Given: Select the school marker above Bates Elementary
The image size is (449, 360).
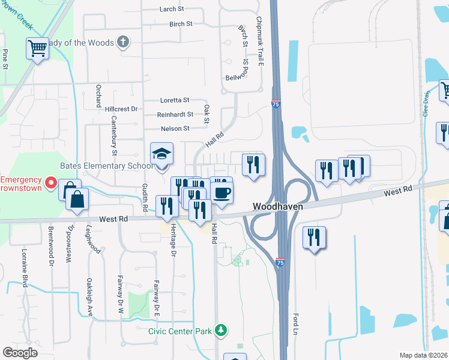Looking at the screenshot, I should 161,155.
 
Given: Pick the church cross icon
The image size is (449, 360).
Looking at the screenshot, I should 122,41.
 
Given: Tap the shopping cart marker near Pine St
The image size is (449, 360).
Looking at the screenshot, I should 37,48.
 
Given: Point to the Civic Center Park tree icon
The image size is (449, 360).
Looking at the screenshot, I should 221,330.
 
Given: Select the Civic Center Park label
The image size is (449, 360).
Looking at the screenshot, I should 181,331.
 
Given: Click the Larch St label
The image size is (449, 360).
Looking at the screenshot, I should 172,9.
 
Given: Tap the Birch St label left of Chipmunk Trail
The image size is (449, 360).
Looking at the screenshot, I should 181,24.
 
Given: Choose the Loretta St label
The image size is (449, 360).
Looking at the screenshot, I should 175,100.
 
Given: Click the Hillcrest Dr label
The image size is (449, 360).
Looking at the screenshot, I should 121,109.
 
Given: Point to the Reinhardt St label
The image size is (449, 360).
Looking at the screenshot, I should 175,114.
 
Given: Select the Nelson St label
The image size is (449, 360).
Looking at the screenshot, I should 175,128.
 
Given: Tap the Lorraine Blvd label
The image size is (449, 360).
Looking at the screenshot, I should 25,266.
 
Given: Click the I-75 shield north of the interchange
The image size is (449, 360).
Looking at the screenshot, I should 276,104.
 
